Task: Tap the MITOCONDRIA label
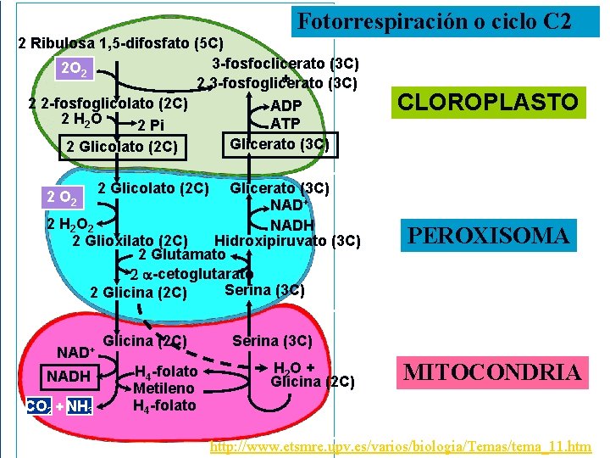492,371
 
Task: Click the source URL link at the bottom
400,445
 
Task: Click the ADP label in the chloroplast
286,106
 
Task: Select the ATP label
286,124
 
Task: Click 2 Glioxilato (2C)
130,240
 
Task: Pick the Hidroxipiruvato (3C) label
288,240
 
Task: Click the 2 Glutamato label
181,254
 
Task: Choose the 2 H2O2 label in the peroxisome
70,225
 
